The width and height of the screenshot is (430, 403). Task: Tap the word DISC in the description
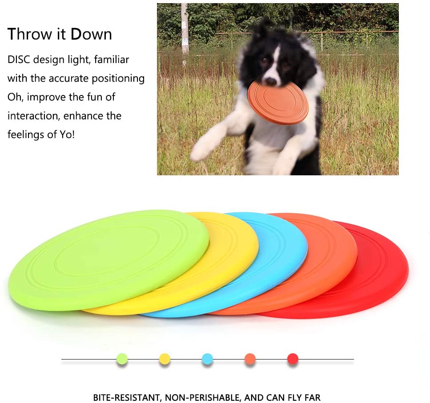(x=19, y=59)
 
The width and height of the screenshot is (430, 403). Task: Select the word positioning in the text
(x=118, y=79)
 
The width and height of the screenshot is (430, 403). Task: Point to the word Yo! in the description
(x=67, y=134)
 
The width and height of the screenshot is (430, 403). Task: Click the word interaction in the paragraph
(x=34, y=116)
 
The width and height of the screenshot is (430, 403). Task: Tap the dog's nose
(x=271, y=81)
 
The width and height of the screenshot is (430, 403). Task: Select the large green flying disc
(x=109, y=260)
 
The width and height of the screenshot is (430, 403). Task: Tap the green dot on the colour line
(x=122, y=359)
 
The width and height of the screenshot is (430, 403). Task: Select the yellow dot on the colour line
(x=165, y=359)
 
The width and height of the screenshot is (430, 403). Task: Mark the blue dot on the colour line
(x=207, y=359)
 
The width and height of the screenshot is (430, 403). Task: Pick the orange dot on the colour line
(x=250, y=359)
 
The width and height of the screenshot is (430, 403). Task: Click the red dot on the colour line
(x=293, y=359)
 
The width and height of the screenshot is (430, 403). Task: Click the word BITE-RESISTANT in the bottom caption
(x=126, y=398)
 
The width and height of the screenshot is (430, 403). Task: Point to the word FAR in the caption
(x=312, y=398)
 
